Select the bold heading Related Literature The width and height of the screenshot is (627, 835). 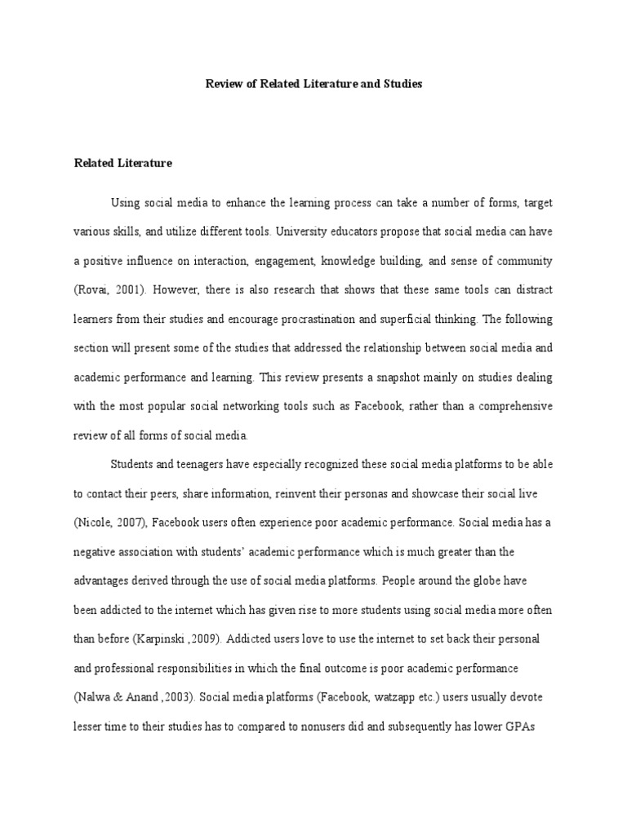coord(123,163)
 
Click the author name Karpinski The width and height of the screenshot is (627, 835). coord(167,612)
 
